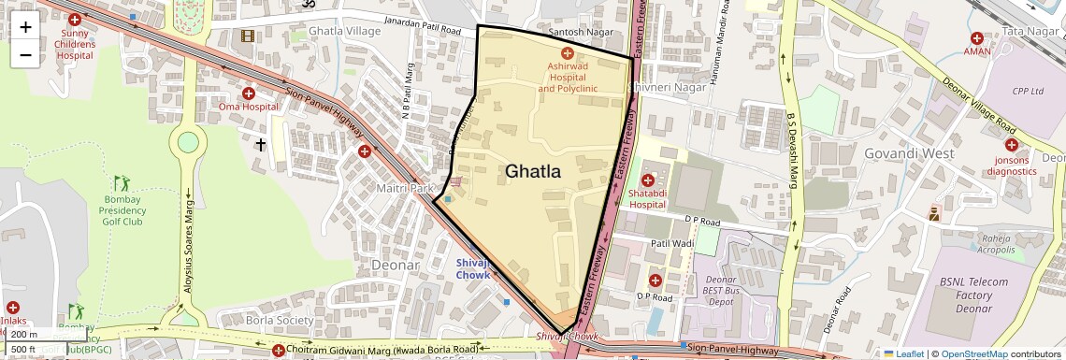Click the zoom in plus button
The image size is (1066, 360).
tap(25, 26)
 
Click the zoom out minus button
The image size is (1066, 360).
tap(25, 54)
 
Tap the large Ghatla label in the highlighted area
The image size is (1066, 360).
tap(533, 171)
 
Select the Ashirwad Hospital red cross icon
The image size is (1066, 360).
tap(567, 54)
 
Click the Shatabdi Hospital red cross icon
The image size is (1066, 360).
tap(647, 180)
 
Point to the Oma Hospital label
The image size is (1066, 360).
tap(249, 107)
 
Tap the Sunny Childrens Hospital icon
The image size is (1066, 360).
tap(87, 20)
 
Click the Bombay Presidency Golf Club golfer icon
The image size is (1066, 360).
tap(120, 182)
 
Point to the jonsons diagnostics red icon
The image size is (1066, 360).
tap(1011, 145)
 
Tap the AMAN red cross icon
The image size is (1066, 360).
tap(977, 38)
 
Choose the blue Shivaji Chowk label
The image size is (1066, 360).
tap(472, 268)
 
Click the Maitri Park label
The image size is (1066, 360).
tap(405, 189)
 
